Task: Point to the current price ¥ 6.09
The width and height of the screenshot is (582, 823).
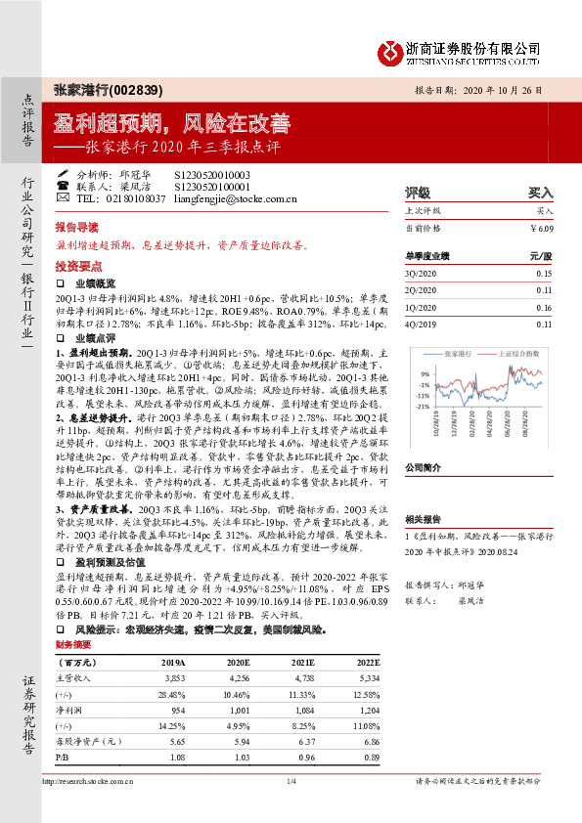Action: pyautogui.click(x=542, y=227)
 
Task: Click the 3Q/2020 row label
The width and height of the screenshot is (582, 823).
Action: pyautogui.click(x=419, y=273)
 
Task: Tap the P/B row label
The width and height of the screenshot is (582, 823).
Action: pyautogui.click(x=63, y=757)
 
